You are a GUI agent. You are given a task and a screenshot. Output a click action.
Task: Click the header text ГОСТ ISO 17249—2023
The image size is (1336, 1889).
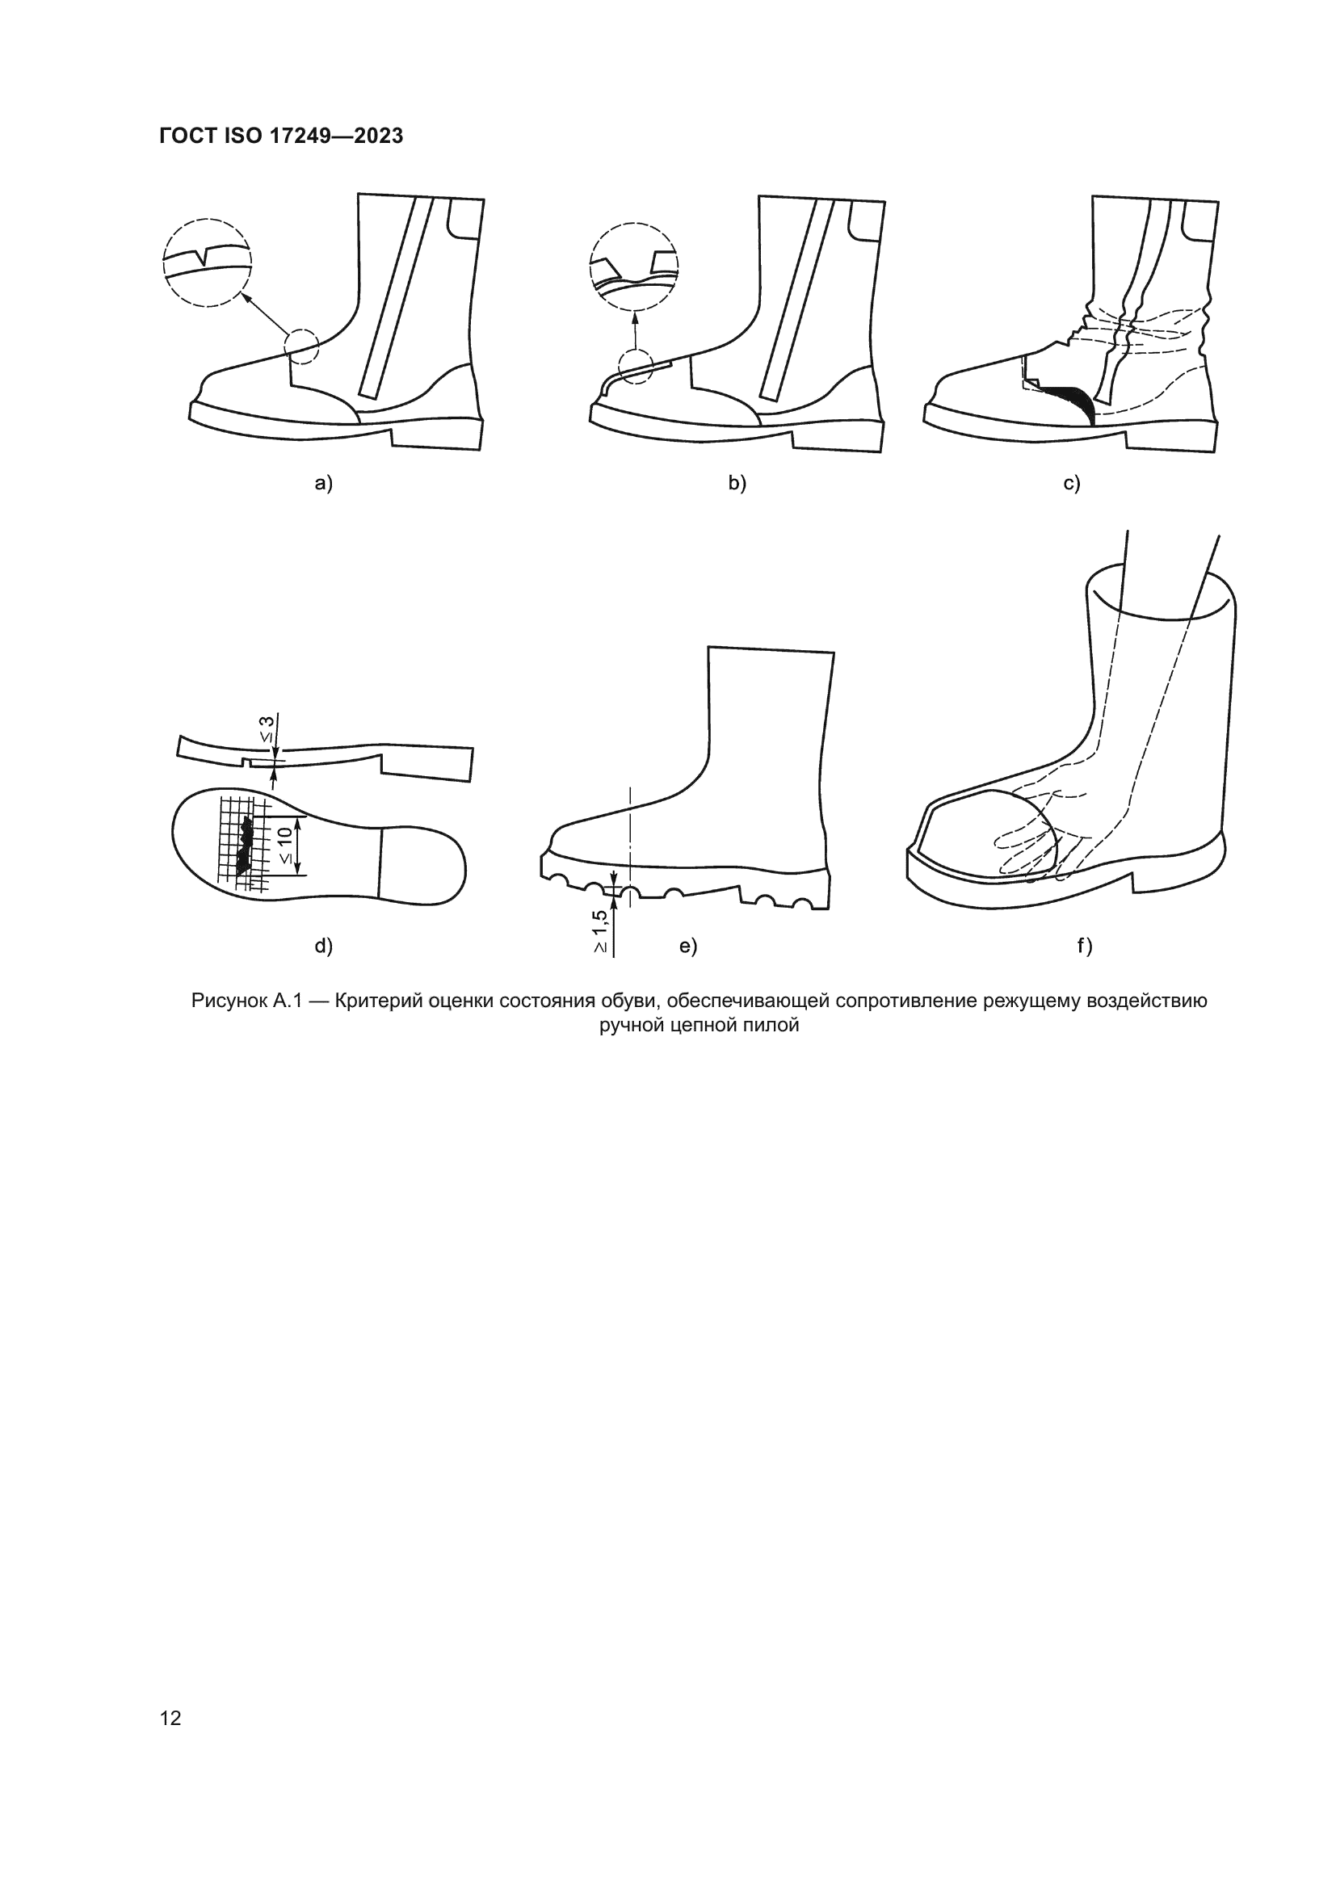click(281, 136)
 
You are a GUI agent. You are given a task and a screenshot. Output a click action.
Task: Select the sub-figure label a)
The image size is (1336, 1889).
click(324, 484)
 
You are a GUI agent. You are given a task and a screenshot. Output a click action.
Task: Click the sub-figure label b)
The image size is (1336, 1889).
click(737, 484)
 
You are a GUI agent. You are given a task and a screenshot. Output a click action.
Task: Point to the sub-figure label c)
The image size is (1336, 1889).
click(1071, 484)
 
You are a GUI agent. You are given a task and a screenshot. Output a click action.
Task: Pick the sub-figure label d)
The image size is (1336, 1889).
click(324, 947)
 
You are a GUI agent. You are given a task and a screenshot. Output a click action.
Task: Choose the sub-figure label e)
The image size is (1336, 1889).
click(687, 947)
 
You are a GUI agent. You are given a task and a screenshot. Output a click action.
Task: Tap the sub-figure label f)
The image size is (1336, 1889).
click(1084, 947)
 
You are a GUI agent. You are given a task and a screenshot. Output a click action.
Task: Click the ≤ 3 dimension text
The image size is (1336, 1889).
click(268, 729)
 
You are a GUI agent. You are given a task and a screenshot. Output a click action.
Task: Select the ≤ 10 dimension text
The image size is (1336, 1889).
click(284, 845)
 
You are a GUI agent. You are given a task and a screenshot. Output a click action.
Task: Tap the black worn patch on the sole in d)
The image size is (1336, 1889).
click(244, 845)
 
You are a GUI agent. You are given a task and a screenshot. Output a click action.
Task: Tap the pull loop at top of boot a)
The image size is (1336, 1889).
click(464, 220)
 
